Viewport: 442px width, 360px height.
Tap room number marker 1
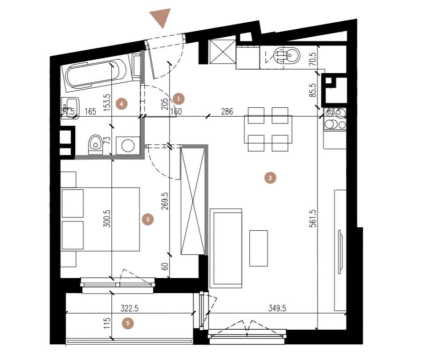point(178,98)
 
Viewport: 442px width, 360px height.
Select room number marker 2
point(269,178)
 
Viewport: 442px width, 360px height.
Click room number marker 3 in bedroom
point(147,219)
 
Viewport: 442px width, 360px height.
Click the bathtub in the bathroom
point(95,74)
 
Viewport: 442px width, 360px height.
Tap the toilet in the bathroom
point(95,144)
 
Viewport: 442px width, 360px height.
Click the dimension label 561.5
point(313,218)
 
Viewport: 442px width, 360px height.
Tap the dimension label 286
point(227,112)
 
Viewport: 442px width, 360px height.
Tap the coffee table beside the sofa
point(258,248)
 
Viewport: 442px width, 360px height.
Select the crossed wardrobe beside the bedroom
point(193,200)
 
